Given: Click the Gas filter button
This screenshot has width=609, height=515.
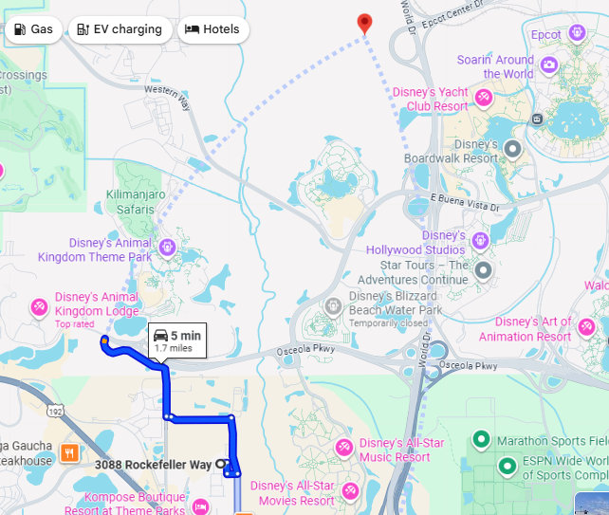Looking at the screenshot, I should pos(35,29).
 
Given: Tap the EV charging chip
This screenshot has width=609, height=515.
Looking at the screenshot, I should pos(120,29).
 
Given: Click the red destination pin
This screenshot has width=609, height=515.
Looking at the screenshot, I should pos(363,24).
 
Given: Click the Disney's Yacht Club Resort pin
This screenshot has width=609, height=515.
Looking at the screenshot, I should pos(484,97).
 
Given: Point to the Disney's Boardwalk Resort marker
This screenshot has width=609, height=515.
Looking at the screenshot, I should pos(513,149).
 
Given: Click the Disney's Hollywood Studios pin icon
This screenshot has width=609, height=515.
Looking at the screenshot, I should pos(480,241).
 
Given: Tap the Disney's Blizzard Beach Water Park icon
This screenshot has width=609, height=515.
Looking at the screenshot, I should pos(333,306).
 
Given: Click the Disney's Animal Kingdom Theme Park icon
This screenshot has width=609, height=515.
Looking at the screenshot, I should pos(167,248).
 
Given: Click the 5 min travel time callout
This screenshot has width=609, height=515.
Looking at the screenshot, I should pos(177,340).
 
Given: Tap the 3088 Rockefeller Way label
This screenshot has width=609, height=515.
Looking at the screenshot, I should pos(153,465).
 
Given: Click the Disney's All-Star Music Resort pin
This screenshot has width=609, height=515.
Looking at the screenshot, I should pos(343,446).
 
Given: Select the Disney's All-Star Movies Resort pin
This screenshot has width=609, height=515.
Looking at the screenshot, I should pos(351,490).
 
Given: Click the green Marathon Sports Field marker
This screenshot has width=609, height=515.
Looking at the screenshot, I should pos(482,440).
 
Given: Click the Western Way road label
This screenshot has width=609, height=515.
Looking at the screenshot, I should pos(168,97).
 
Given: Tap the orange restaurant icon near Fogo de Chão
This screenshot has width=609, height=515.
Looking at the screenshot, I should pos(68,452).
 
